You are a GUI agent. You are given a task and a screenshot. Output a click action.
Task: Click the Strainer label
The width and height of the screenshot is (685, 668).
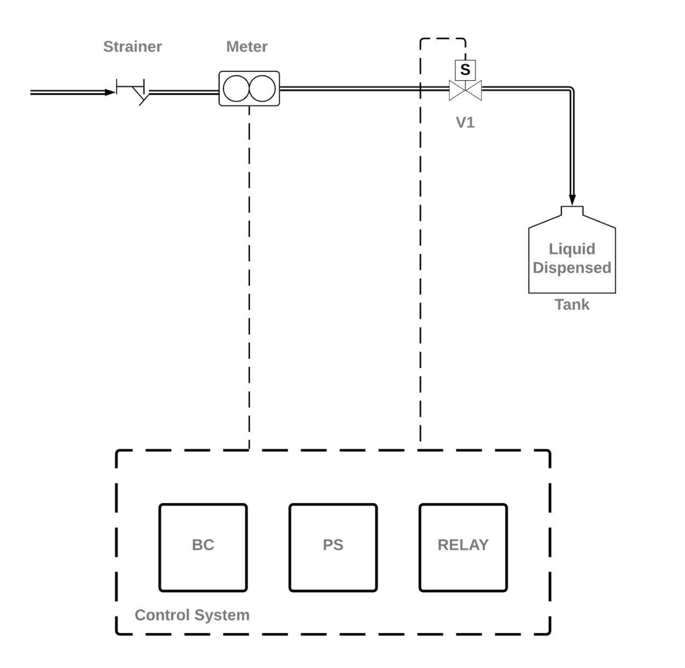[x=132, y=47]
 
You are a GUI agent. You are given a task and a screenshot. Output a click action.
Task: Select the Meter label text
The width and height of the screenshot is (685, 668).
[x=247, y=47]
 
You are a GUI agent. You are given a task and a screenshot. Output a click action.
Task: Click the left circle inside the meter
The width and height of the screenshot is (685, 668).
[x=236, y=89]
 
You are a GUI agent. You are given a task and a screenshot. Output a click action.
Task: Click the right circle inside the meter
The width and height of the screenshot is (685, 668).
[x=262, y=89]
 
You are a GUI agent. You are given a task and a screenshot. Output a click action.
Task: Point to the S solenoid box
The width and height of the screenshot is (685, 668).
[x=465, y=70]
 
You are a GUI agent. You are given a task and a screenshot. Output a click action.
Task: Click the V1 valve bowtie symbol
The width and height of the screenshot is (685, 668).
[x=465, y=90]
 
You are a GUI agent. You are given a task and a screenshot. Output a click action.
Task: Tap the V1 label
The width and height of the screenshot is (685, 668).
[x=465, y=123]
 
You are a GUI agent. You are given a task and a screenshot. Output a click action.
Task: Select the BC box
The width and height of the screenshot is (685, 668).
[x=203, y=548]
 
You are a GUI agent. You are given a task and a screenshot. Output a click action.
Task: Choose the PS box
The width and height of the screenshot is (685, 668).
[x=333, y=548]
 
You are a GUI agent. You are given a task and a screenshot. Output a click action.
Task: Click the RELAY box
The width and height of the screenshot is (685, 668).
[x=463, y=548]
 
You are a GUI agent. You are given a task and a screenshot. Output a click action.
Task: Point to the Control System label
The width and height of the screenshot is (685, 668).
[x=192, y=615]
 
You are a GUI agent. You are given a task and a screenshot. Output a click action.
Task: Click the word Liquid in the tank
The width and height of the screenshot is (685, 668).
[x=572, y=249]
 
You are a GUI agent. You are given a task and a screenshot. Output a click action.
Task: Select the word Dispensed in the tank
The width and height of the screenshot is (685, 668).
[x=572, y=268]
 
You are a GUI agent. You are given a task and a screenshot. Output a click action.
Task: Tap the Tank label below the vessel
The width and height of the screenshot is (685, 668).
[x=572, y=305]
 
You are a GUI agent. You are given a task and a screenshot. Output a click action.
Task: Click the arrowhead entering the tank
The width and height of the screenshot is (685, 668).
[x=572, y=200]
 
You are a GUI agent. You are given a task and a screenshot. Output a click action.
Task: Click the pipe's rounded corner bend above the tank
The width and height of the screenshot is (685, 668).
[x=570, y=90]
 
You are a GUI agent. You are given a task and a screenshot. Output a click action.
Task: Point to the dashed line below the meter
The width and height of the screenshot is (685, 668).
[x=249, y=269]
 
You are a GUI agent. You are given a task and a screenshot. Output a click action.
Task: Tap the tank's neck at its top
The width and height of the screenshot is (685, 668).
[x=572, y=210]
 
